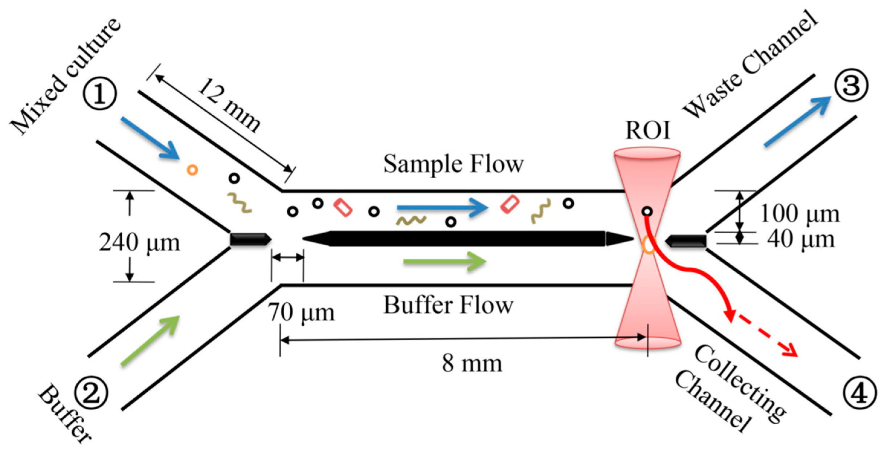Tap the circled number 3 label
pyautogui.click(x=851, y=86)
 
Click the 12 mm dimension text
pyautogui.click(x=229, y=105)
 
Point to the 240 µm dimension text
pyautogui.click(x=139, y=243)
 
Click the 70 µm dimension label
pyautogui.click(x=301, y=313)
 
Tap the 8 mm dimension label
pyautogui.click(x=472, y=364)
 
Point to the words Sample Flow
pyautogui.click(x=453, y=164)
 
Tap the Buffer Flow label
pyautogui.click(x=448, y=305)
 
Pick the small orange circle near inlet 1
pyautogui.click(x=192, y=170)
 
